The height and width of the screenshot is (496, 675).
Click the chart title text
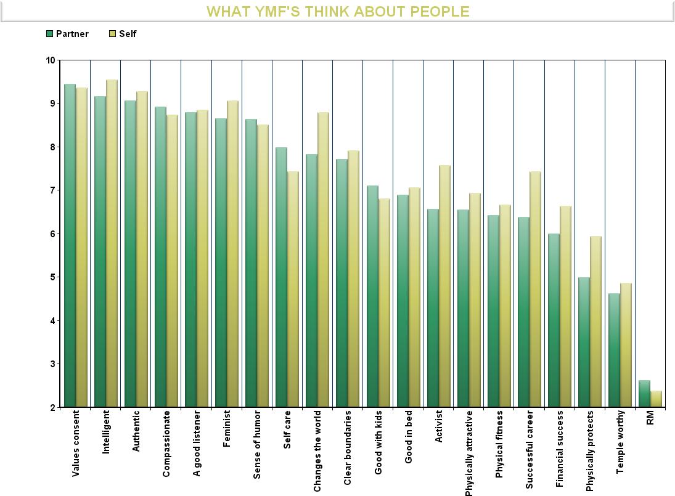(x=338, y=12)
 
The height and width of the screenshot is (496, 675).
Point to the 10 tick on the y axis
(x=50, y=60)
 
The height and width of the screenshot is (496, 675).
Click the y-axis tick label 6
(x=52, y=234)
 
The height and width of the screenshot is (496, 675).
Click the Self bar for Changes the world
(x=323, y=259)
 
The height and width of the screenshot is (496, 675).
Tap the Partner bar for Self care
(x=281, y=277)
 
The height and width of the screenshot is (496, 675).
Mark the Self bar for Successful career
(x=534, y=289)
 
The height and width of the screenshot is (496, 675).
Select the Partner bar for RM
(x=644, y=394)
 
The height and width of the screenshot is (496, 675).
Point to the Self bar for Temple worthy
(x=626, y=345)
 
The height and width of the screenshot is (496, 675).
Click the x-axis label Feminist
(x=227, y=428)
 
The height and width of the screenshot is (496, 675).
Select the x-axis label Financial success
(x=559, y=449)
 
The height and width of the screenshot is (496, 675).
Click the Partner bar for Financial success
(x=553, y=320)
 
